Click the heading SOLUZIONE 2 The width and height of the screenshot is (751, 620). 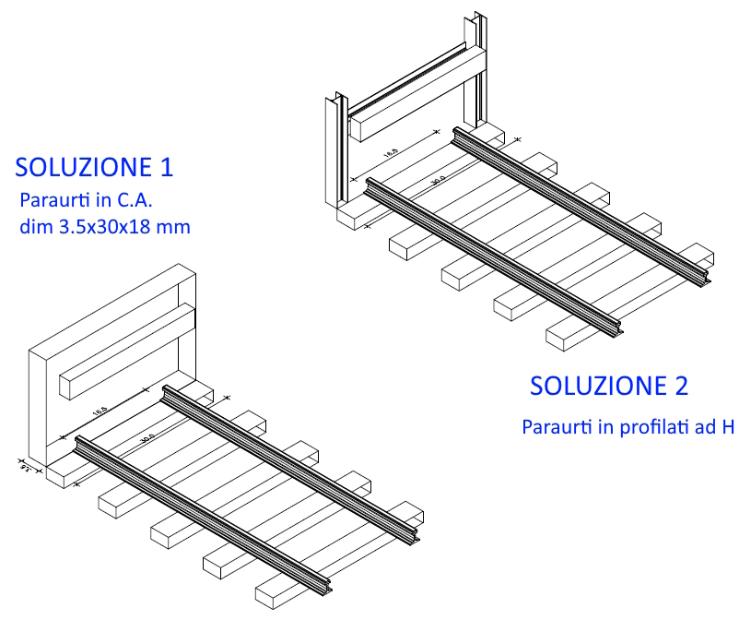[608, 386]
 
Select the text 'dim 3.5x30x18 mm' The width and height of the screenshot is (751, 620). [104, 226]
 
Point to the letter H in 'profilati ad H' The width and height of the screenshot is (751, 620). [727, 428]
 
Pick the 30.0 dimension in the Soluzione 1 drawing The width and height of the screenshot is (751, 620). [146, 437]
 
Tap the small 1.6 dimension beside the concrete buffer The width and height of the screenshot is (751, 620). [23, 466]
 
